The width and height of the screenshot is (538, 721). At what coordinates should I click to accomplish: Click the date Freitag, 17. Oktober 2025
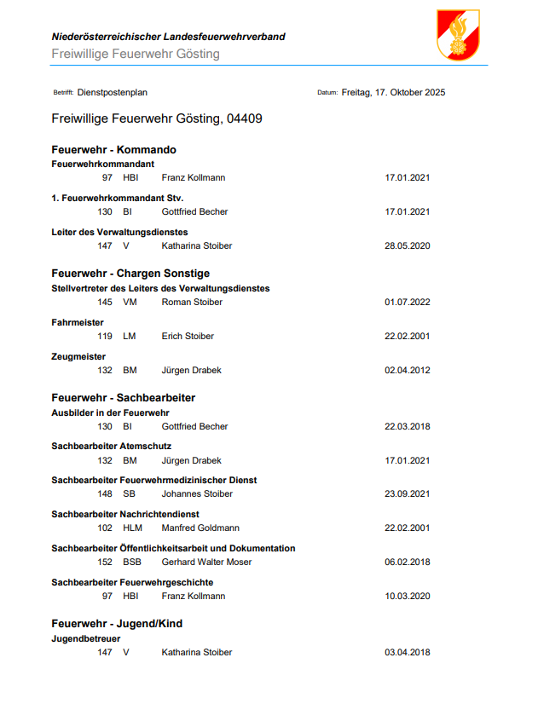click(x=393, y=93)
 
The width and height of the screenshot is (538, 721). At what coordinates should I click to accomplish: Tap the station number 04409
click(x=245, y=118)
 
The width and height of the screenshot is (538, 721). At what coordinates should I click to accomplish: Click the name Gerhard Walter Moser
click(x=206, y=562)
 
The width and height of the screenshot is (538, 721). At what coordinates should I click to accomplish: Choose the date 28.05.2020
click(x=408, y=246)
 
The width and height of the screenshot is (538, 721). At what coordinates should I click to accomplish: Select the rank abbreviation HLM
click(x=132, y=528)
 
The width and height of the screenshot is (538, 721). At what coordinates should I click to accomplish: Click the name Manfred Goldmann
click(x=200, y=528)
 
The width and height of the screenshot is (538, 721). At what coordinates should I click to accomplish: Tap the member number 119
click(x=105, y=337)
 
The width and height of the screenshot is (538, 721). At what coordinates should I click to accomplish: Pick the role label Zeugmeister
click(x=78, y=357)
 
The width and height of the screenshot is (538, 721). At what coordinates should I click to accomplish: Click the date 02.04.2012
click(x=408, y=371)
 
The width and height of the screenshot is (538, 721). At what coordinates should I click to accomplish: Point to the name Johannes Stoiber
click(x=197, y=494)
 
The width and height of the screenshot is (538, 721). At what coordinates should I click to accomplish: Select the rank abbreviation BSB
click(x=132, y=562)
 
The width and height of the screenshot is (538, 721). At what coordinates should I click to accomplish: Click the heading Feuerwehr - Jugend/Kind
click(x=117, y=624)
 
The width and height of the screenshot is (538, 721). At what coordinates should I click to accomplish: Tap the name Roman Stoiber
click(x=192, y=303)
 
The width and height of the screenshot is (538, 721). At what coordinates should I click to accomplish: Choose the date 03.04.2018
click(x=408, y=653)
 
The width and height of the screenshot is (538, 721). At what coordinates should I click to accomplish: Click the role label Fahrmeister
click(x=78, y=323)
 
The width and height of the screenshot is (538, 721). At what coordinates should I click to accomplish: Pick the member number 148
click(x=105, y=494)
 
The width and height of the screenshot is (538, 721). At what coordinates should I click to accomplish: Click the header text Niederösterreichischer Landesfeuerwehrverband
click(x=168, y=37)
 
